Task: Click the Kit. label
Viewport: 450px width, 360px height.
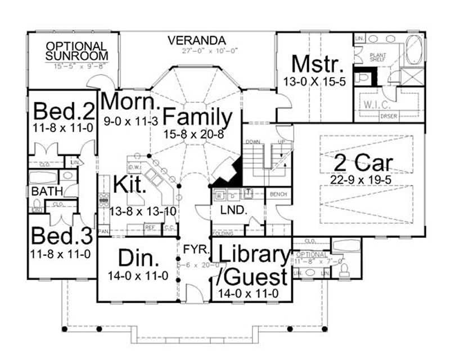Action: (x=130, y=184)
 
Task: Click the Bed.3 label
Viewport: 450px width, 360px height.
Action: (x=61, y=235)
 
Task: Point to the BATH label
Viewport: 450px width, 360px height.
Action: (x=46, y=192)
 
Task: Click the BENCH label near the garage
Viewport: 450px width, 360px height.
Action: (x=278, y=194)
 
